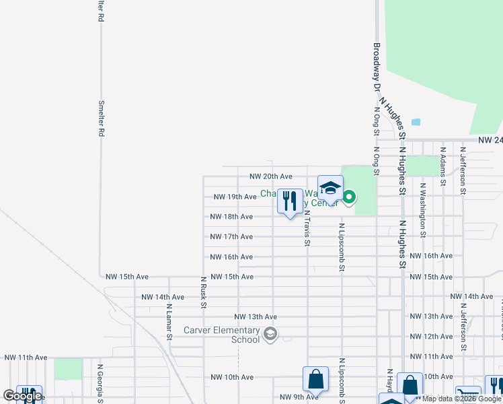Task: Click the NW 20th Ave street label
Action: (x=270, y=176)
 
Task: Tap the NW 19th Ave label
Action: (x=235, y=197)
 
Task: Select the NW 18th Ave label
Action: (x=231, y=217)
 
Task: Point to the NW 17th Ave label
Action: (x=231, y=237)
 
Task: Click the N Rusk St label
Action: (x=203, y=292)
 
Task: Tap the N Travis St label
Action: (x=307, y=229)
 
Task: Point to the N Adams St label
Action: (x=442, y=166)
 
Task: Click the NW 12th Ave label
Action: (x=430, y=336)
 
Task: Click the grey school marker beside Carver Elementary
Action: (x=270, y=335)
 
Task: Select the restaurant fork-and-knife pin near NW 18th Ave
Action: (x=290, y=201)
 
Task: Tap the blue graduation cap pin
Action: (x=330, y=188)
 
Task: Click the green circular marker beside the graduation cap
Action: (x=350, y=197)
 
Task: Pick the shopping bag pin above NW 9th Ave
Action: (x=315, y=380)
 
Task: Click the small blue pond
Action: (x=415, y=123)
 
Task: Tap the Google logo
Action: (x=22, y=396)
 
